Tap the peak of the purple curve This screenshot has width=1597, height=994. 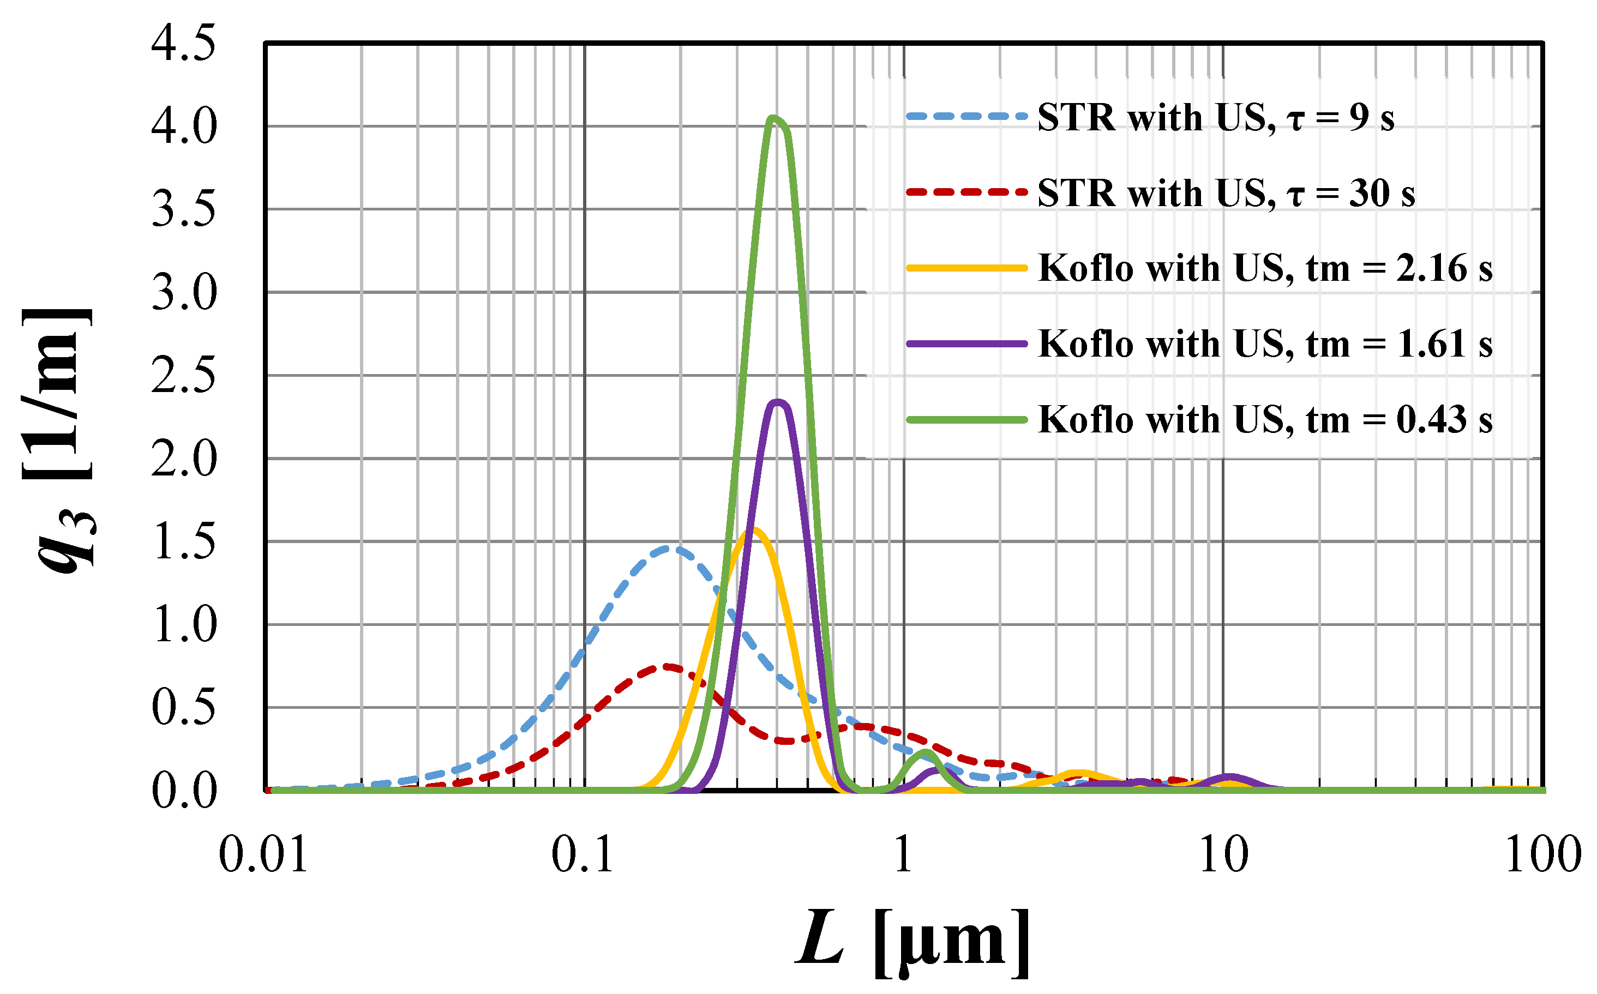tap(778, 402)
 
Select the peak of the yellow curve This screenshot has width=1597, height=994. tap(755, 529)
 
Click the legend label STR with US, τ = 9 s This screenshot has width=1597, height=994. tap(1215, 118)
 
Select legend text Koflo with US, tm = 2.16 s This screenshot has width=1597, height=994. tap(1264, 268)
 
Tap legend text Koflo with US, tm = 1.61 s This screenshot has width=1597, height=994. tap(1264, 344)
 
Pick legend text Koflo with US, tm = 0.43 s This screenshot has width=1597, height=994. tap(1264, 419)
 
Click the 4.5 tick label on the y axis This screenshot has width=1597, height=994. tap(183, 45)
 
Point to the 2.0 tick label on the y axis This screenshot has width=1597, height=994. tap(183, 459)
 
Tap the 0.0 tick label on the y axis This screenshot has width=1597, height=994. tap(183, 791)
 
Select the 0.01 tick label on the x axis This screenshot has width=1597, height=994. tap(263, 856)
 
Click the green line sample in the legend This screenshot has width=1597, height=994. tap(966, 419)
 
